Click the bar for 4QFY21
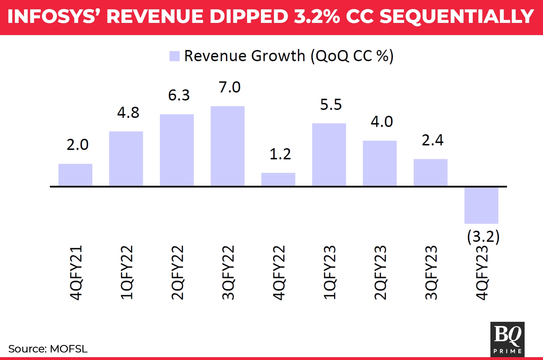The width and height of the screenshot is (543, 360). tap(75, 175)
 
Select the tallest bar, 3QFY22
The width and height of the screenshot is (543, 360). tap(227, 146)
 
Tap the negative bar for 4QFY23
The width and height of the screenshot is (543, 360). tap(481, 205)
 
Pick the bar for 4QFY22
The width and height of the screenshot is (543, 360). tap(278, 179)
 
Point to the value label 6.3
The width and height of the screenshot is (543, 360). tap(179, 95)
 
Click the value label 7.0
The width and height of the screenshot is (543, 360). tap(229, 87)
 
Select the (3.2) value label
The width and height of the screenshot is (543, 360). tap(483, 236)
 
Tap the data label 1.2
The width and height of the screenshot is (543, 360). tap(280, 154)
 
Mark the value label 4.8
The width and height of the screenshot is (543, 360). tap(128, 113)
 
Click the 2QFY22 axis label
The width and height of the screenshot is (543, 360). tap(177, 272)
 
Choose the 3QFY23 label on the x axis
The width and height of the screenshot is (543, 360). tap(431, 272)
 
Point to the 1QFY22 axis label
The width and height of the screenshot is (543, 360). tap(126, 272)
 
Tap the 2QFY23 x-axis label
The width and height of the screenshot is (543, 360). tap(380, 272)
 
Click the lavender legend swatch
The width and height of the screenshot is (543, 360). tap(174, 56)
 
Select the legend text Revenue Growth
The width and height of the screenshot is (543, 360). tap(245, 56)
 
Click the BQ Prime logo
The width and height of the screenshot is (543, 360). tap(507, 339)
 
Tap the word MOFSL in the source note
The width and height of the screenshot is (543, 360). tap(69, 349)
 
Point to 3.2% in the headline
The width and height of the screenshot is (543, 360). tap(317, 16)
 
